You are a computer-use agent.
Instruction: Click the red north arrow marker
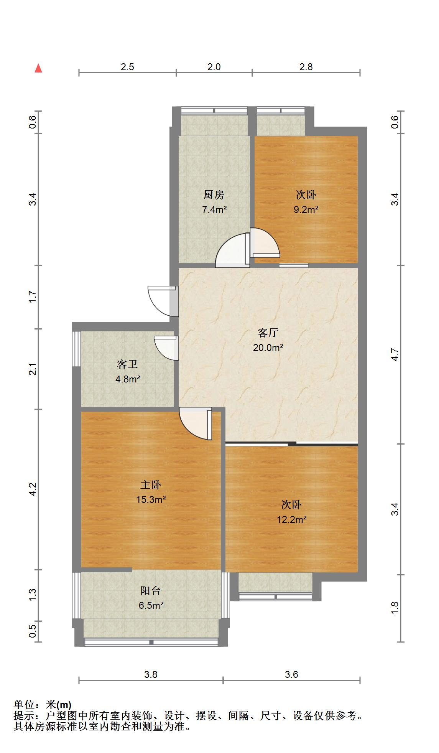38,68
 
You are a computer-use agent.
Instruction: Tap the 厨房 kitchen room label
214,195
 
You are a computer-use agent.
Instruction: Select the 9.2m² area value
306,209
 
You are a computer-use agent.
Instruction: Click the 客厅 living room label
268,333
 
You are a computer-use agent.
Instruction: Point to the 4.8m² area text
128,379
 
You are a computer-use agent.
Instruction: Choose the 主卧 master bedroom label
150,485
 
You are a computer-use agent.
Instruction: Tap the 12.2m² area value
292,519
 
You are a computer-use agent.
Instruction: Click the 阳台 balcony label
150,591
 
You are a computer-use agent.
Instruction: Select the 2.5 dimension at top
127,67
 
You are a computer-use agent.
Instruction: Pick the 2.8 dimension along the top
306,67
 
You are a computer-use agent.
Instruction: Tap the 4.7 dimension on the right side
395,355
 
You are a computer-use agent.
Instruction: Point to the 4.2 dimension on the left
33,489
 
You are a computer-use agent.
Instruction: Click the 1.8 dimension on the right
395,608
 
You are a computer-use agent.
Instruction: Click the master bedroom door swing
196,424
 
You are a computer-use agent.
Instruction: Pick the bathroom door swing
166,347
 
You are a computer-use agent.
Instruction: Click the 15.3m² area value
151,499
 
